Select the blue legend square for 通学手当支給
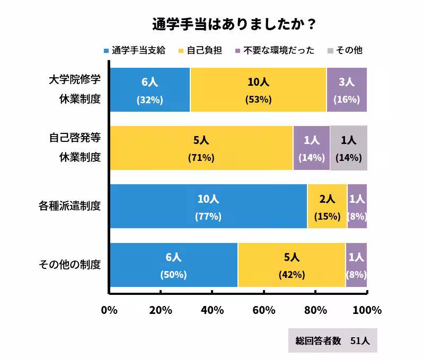click(106, 51)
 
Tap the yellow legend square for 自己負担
click(181, 51)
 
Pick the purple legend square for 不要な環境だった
click(238, 51)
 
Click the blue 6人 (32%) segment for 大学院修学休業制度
click(150, 90)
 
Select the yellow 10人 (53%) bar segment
click(258, 90)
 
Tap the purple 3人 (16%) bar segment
click(347, 90)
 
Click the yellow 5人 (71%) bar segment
click(201, 148)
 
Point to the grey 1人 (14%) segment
click(348, 148)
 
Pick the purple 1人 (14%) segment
click(312, 148)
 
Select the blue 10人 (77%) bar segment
click(208, 206)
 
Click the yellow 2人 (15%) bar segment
click(327, 206)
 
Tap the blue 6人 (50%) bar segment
click(174, 265)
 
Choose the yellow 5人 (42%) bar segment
click(291, 265)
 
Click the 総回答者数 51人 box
click(333, 341)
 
